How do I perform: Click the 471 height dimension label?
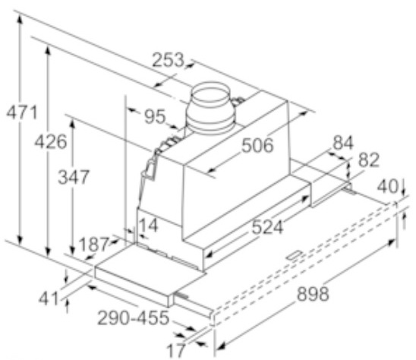tap(22, 112)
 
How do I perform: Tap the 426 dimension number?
tap(51, 142)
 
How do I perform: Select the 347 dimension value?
tap(74, 177)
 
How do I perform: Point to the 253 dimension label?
tap(168, 60)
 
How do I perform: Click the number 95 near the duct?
tap(155, 116)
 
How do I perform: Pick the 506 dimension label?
tap(257, 146)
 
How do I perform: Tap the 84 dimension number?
tap(343, 143)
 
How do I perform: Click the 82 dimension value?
tap(369, 160)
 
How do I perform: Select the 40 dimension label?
tap(388, 186)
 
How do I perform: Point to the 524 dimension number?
tap(267, 228)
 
